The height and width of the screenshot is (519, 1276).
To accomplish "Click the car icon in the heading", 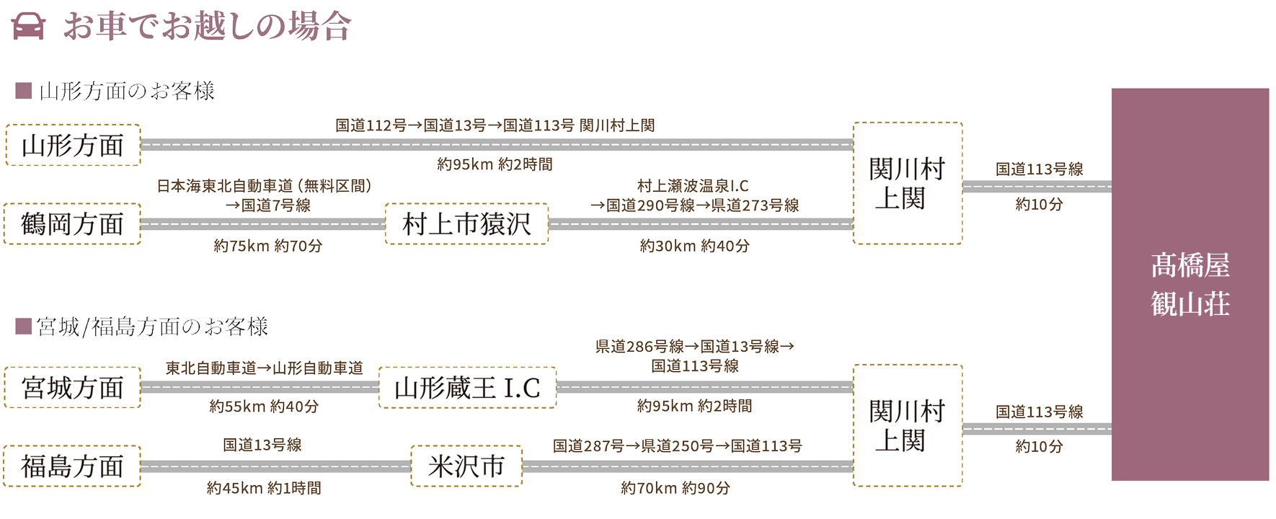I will click(x=29, y=27).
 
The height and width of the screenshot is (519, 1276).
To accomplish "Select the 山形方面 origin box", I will click(x=72, y=146).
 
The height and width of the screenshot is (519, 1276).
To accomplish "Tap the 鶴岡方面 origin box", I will click(x=72, y=224).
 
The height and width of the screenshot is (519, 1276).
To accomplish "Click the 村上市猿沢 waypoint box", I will click(x=466, y=224).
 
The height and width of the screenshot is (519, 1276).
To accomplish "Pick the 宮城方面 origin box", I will click(x=72, y=388).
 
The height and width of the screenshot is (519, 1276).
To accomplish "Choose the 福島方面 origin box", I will click(x=72, y=466).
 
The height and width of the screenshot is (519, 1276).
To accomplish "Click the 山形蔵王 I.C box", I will click(x=467, y=388).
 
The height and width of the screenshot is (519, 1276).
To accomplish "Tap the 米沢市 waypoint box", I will click(x=466, y=466).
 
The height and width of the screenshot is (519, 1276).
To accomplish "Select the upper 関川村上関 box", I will click(x=907, y=183).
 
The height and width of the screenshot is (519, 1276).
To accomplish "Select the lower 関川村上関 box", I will click(x=907, y=425).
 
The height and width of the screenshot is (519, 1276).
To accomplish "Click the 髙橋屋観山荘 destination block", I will click(x=1189, y=285).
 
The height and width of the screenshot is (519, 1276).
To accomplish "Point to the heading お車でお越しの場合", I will click(x=208, y=27).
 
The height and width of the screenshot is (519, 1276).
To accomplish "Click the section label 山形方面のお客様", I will click(x=127, y=92).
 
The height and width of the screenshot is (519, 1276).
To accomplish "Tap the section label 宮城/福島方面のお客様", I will click(x=152, y=327).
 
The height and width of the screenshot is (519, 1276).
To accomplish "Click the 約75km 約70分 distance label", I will click(x=267, y=247).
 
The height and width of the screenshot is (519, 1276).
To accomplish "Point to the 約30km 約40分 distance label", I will click(x=694, y=247).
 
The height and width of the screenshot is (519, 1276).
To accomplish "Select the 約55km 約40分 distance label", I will click(x=263, y=407).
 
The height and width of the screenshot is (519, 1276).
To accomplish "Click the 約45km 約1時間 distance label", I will click(x=263, y=488).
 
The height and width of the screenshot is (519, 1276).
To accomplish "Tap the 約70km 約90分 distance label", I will click(x=675, y=488).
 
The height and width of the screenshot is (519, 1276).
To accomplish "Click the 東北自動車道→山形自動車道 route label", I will click(x=264, y=368).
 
